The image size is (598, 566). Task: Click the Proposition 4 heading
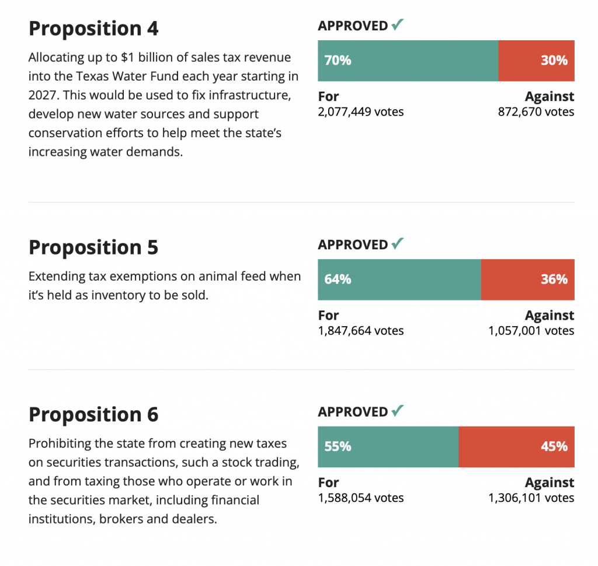[93, 29]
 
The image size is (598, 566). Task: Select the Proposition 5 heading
[93, 247]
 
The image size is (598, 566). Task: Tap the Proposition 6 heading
[93, 415]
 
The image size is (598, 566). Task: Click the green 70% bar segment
[408, 61]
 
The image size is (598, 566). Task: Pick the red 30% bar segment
[536, 61]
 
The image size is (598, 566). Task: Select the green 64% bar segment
[399, 279]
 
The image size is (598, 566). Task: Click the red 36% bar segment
[527, 279]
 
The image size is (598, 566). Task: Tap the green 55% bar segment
[388, 447]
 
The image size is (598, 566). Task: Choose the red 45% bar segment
[516, 447]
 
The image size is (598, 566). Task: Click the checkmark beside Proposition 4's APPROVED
[398, 25]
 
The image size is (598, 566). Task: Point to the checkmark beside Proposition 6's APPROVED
[398, 411]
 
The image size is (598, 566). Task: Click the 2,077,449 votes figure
[361, 112]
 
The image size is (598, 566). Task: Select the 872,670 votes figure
[536, 112]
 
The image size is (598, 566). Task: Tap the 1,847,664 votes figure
[361, 331]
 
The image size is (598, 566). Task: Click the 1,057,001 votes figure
[531, 331]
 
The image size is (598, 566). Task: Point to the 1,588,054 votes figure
[361, 498]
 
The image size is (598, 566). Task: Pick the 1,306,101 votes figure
[531, 498]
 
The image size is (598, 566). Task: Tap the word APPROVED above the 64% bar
[353, 245]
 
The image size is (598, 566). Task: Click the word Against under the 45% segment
[550, 483]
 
